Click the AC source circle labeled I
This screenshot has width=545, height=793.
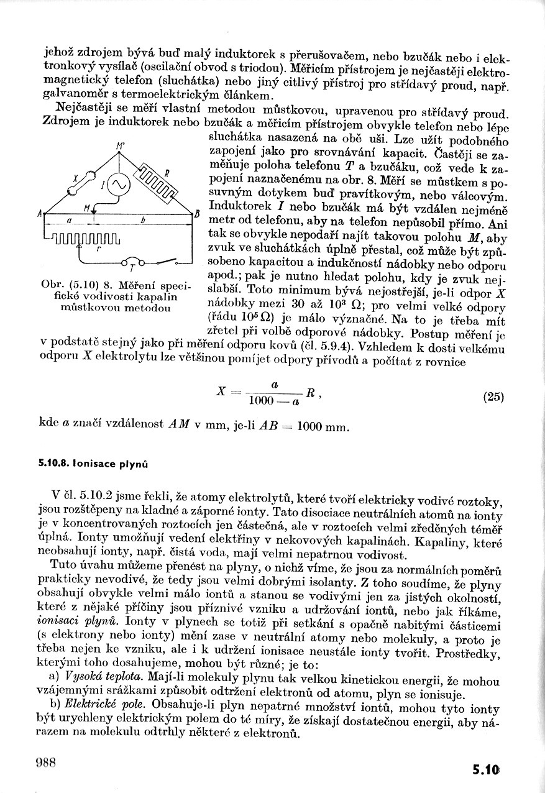point(118,185)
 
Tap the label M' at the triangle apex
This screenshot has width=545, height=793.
point(119,147)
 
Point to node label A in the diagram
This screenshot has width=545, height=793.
point(39,214)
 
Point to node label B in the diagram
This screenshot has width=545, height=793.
point(196,214)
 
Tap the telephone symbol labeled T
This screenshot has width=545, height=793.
point(132,261)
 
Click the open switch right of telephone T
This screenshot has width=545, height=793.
point(166,260)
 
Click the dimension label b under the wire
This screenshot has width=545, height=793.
point(142,220)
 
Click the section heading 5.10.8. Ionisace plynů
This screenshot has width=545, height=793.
point(93,463)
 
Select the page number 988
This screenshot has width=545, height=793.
point(46,762)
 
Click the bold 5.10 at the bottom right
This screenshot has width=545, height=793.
point(485,769)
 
